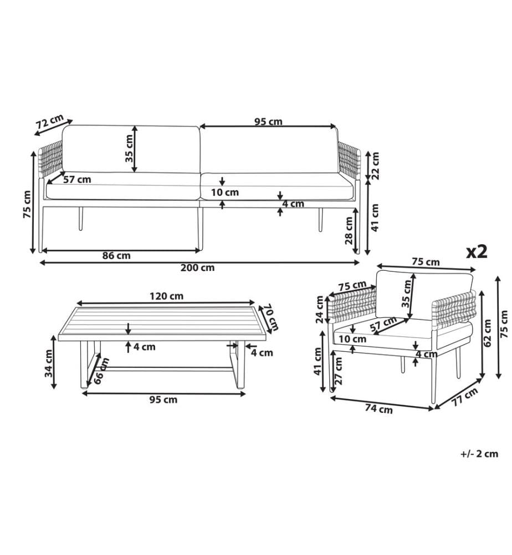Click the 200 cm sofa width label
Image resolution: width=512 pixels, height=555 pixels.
(197, 268)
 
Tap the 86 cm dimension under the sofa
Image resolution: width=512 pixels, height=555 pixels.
(116, 255)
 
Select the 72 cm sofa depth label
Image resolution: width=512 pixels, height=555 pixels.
(50, 122)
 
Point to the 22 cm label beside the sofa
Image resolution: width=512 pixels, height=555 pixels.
(375, 165)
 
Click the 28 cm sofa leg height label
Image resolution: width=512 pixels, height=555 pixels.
(349, 230)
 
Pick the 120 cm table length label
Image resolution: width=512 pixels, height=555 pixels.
(166, 296)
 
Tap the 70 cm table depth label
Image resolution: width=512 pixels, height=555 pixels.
(272, 316)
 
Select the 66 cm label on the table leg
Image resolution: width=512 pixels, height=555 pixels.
(101, 371)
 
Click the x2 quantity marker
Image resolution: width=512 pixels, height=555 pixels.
(477, 251)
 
